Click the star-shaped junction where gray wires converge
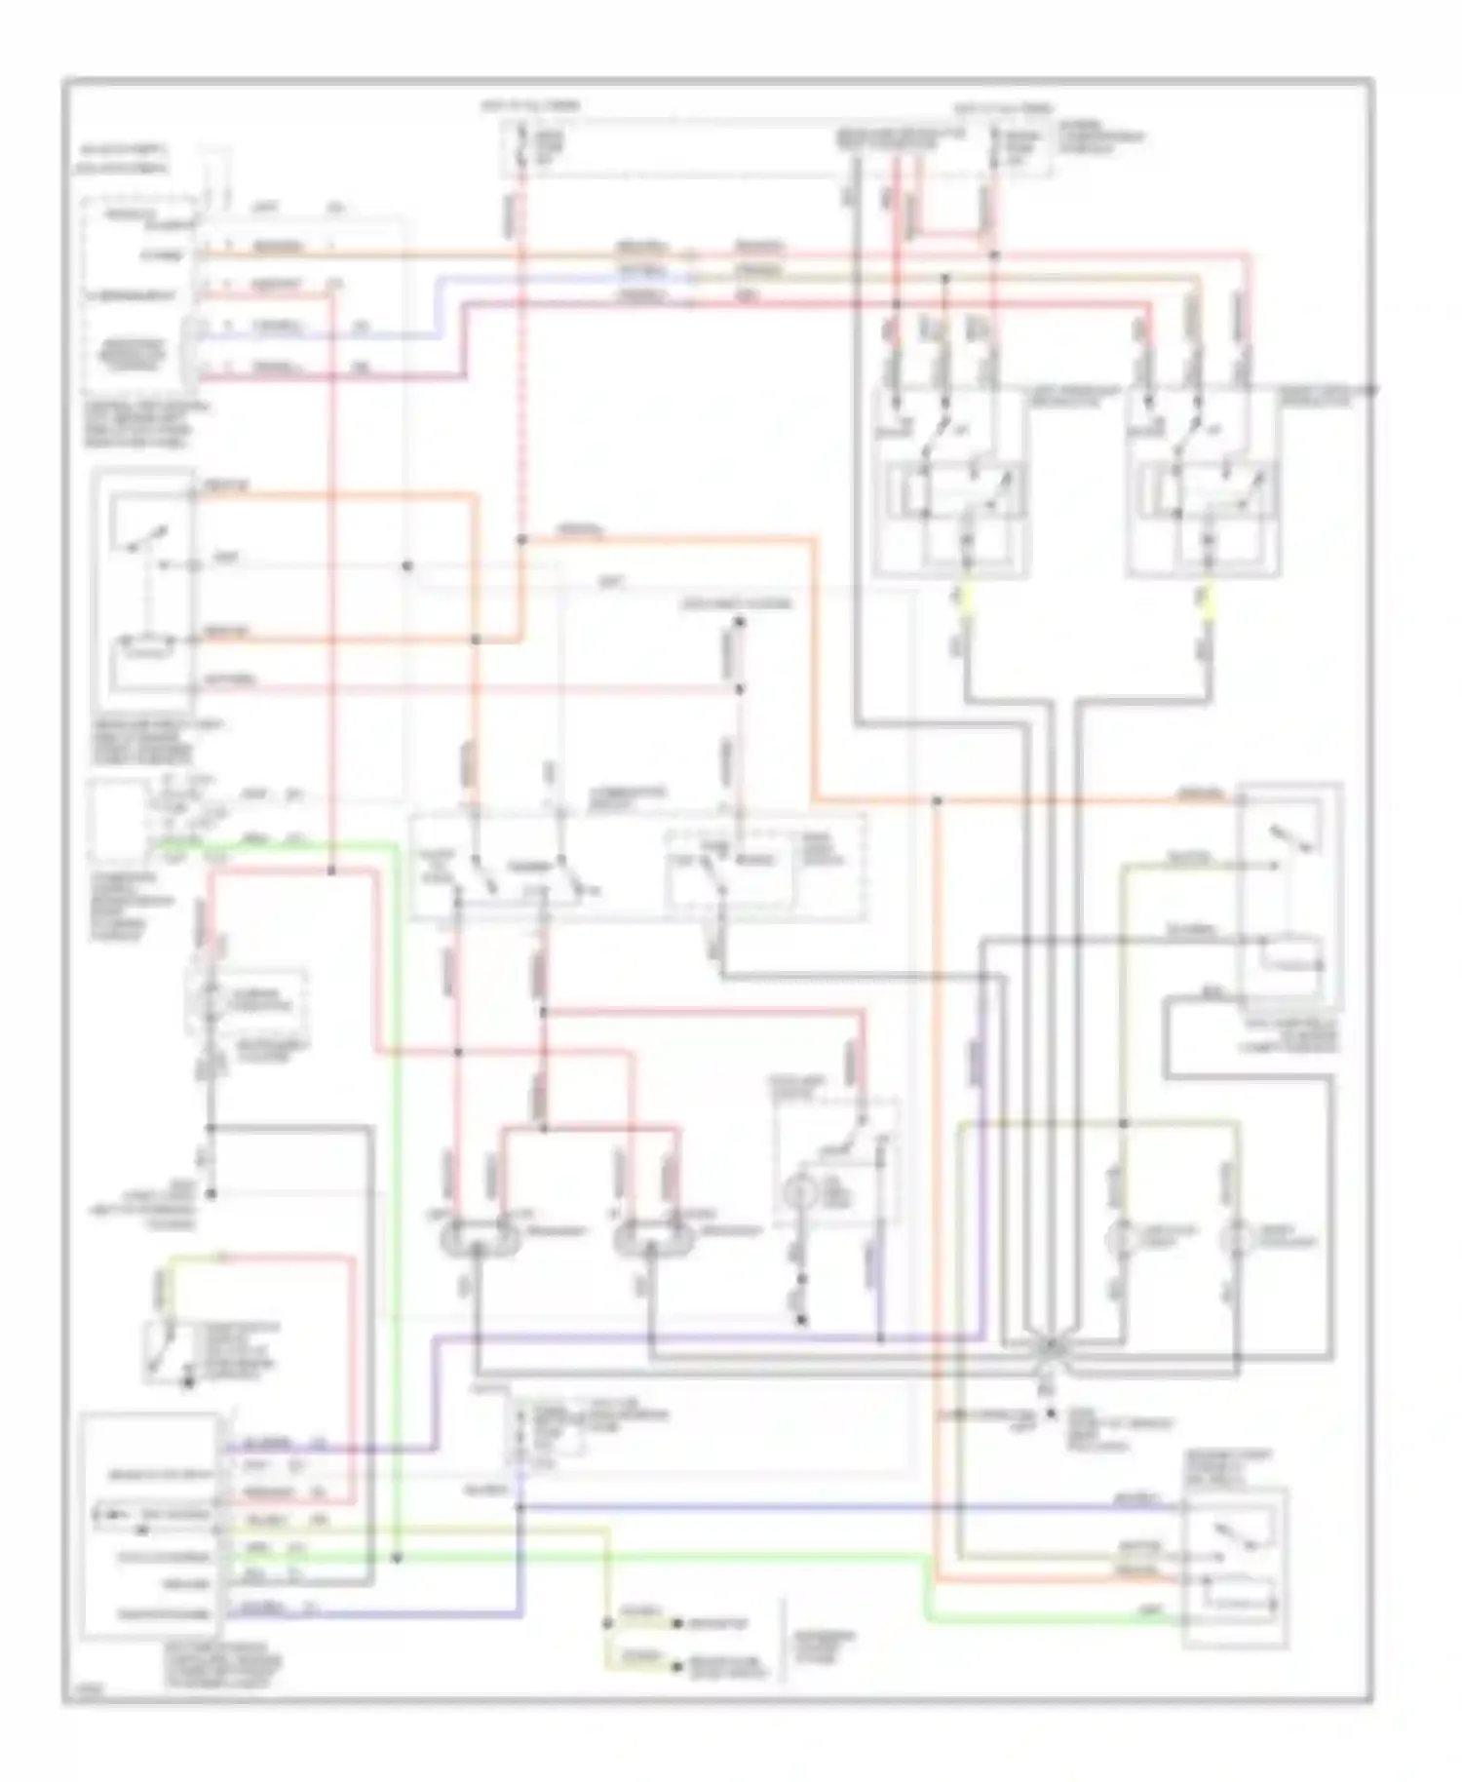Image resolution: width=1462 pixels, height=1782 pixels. (x=1051, y=1346)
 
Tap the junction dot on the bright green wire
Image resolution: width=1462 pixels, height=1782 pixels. (x=397, y=1558)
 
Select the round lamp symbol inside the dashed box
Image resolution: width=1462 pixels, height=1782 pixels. (x=800, y=1192)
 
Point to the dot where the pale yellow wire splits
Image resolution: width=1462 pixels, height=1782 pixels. (x=607, y=1623)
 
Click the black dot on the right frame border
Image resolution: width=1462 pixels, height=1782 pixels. (x=1370, y=390)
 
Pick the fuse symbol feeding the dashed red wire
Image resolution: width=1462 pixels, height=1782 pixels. (x=521, y=146)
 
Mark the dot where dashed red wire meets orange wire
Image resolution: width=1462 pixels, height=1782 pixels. (x=521, y=539)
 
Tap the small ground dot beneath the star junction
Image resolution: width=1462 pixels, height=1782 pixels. (x=1051, y=1413)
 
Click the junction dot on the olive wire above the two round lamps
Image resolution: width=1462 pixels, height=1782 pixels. (x=1123, y=1124)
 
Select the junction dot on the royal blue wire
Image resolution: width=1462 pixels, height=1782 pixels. (x=520, y=1507)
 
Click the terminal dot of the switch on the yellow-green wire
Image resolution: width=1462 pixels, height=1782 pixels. (x=189, y=1380)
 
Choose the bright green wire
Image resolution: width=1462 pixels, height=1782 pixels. (x=396, y=1170)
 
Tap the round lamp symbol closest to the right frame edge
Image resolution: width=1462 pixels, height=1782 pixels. (x=1238, y=1239)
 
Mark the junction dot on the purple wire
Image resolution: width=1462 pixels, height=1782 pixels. (x=880, y=1339)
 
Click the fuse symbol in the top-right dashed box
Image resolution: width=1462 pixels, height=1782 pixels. (x=995, y=146)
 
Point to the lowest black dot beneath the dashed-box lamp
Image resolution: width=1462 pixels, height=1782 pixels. (x=801, y=1321)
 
